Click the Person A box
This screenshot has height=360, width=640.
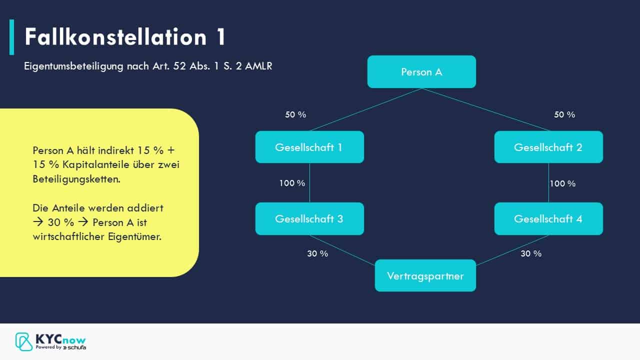(421, 72)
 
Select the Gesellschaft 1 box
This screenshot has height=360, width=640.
(309, 147)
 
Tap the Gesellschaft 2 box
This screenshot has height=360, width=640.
(548, 147)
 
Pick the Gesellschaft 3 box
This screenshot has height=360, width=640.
(309, 218)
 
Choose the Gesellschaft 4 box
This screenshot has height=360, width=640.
(548, 218)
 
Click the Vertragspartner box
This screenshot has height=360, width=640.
(425, 275)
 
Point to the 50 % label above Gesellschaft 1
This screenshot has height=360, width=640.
(295, 114)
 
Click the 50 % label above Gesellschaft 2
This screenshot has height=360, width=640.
(564, 114)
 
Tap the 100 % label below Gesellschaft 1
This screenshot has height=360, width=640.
(292, 183)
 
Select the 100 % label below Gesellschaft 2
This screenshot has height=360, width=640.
(562, 183)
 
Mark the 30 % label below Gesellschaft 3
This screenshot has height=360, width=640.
(317, 253)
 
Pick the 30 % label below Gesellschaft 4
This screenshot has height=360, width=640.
(531, 253)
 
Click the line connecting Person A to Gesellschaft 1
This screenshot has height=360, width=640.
(365, 110)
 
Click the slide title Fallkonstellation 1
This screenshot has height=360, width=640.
(125, 37)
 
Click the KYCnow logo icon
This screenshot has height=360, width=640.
(24, 341)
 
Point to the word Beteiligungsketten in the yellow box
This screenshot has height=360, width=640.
(76, 179)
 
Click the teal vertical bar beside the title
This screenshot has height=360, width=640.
(11, 37)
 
